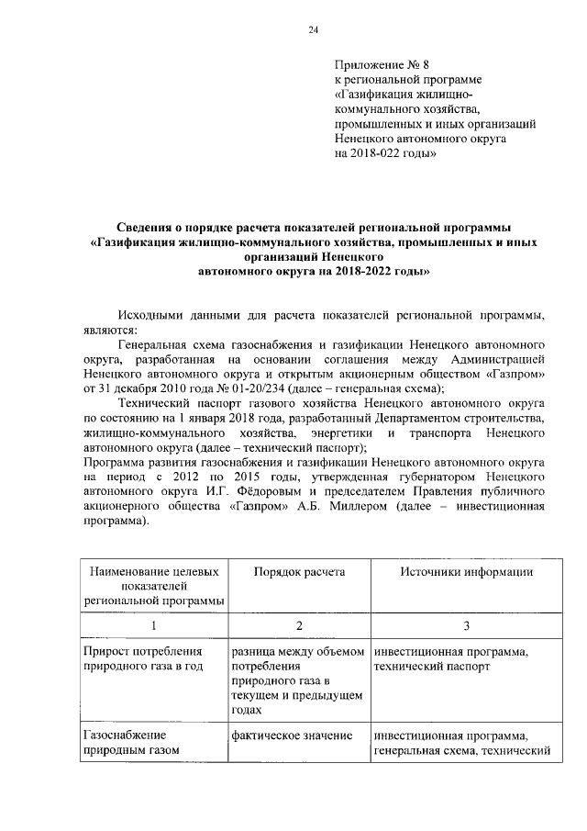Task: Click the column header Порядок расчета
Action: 299,572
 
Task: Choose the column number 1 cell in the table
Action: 154,624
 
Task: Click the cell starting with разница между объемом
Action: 298,679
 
